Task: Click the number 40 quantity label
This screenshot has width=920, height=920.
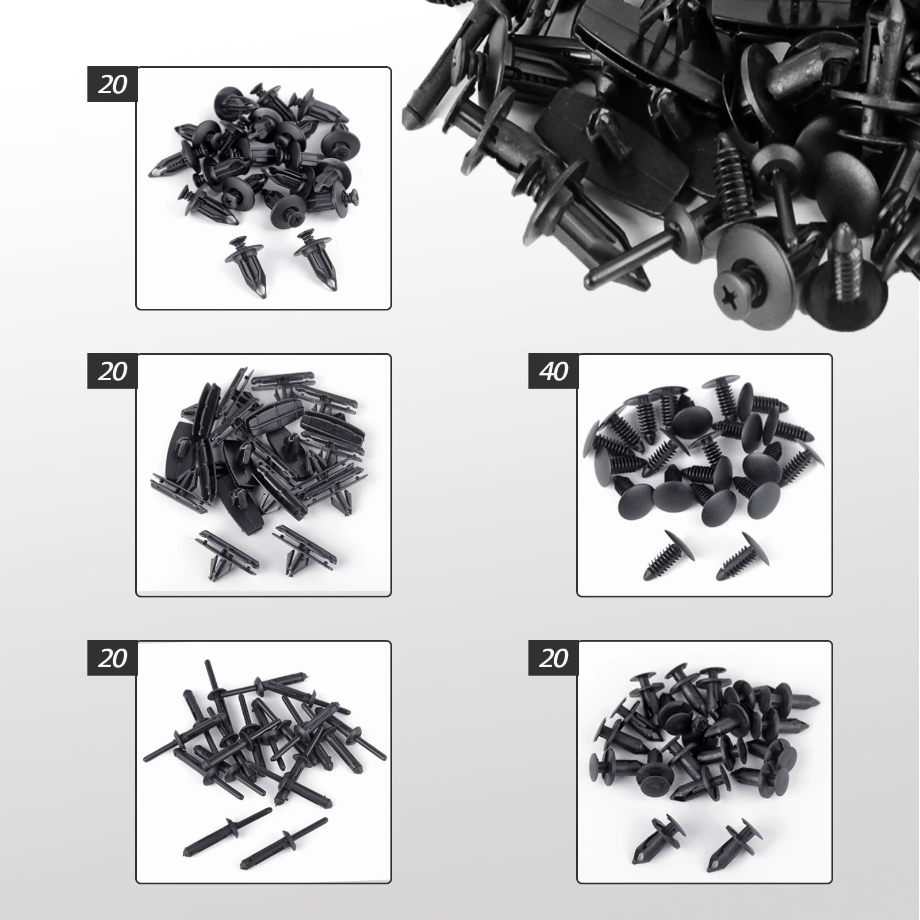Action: click(x=553, y=371)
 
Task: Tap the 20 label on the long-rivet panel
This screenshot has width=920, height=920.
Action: click(x=112, y=658)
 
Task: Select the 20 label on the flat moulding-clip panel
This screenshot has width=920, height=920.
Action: click(x=112, y=371)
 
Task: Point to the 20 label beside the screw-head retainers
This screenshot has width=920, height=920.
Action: click(x=112, y=85)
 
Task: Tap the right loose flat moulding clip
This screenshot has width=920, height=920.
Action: click(x=305, y=550)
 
